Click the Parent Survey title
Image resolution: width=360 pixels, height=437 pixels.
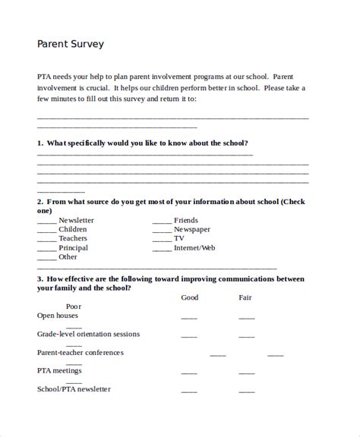(x=71, y=44)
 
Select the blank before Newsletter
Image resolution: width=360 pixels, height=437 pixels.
(x=46, y=222)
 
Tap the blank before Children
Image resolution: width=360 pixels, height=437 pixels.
(x=46, y=231)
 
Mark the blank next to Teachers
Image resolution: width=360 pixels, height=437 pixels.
(x=46, y=240)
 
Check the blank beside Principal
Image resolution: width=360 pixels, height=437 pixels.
(x=46, y=250)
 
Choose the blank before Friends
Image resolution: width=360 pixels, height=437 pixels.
(x=161, y=222)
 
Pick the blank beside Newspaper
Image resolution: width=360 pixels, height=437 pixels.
(x=161, y=231)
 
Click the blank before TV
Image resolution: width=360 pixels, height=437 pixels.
(x=161, y=240)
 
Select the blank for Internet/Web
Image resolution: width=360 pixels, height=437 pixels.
(x=161, y=250)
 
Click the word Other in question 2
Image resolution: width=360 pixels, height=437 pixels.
(x=68, y=257)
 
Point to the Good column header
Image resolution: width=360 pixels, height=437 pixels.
(x=189, y=297)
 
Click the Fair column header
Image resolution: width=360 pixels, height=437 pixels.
(x=245, y=297)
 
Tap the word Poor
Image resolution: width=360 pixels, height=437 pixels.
(x=74, y=307)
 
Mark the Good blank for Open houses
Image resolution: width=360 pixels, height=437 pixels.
(x=189, y=318)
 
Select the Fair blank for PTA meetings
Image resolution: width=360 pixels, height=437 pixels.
(x=247, y=374)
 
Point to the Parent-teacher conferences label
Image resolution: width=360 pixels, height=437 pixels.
(x=80, y=353)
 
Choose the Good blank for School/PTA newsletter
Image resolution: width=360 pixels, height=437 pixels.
(x=189, y=392)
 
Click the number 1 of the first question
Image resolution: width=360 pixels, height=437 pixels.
(x=39, y=143)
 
